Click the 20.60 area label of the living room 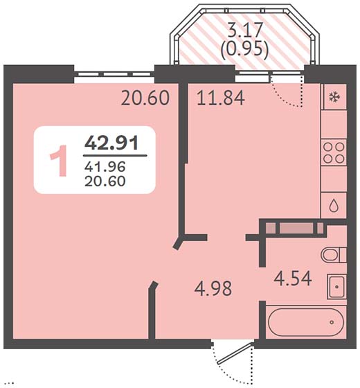pos(145,98)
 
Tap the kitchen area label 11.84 pos(221,98)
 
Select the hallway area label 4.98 pos(213,288)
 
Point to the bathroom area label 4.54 pos(293,279)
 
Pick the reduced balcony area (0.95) pos(244,50)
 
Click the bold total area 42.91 pos(111,143)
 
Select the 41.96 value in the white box pos(105,166)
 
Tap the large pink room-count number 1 pos(59,161)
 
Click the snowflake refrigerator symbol pos(334,97)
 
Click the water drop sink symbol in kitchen pos(334,205)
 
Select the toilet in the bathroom pos(334,255)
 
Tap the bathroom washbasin pos(336,287)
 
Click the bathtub pos(306,322)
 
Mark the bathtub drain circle pos(332,322)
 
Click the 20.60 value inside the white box pos(105,181)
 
